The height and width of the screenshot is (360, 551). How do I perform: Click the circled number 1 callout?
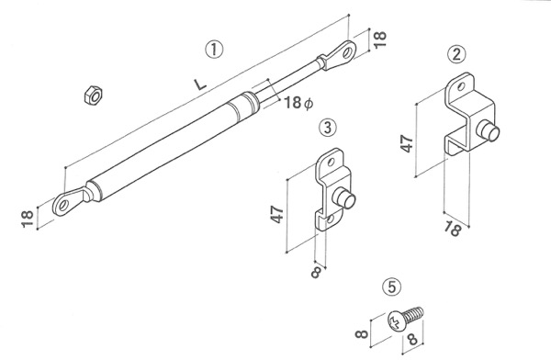(214, 50)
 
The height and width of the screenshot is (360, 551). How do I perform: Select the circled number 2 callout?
(456, 54)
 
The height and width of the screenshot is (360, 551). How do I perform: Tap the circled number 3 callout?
(327, 128)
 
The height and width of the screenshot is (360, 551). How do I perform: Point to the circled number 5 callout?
(392, 287)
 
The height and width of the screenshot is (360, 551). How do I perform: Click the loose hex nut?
(93, 95)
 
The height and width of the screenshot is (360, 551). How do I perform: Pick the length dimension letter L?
(199, 84)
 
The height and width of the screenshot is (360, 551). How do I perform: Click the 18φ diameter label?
(298, 103)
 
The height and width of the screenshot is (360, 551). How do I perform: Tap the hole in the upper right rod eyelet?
(347, 52)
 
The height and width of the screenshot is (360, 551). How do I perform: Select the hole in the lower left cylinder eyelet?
(63, 205)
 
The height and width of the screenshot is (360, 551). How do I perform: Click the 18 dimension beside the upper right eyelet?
(379, 39)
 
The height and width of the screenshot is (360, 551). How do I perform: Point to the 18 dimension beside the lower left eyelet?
(28, 219)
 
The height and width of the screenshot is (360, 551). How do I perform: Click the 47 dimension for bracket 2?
(407, 143)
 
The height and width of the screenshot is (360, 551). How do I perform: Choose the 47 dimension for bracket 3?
(277, 214)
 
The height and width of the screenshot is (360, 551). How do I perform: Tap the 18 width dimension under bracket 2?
(452, 229)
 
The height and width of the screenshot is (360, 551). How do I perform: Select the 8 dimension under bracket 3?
(316, 272)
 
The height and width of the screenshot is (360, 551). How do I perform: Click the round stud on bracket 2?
(488, 130)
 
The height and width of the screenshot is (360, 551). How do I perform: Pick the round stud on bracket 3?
(344, 198)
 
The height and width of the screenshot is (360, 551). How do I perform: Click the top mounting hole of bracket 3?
(331, 162)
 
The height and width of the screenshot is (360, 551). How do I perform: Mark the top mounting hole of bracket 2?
(461, 85)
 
